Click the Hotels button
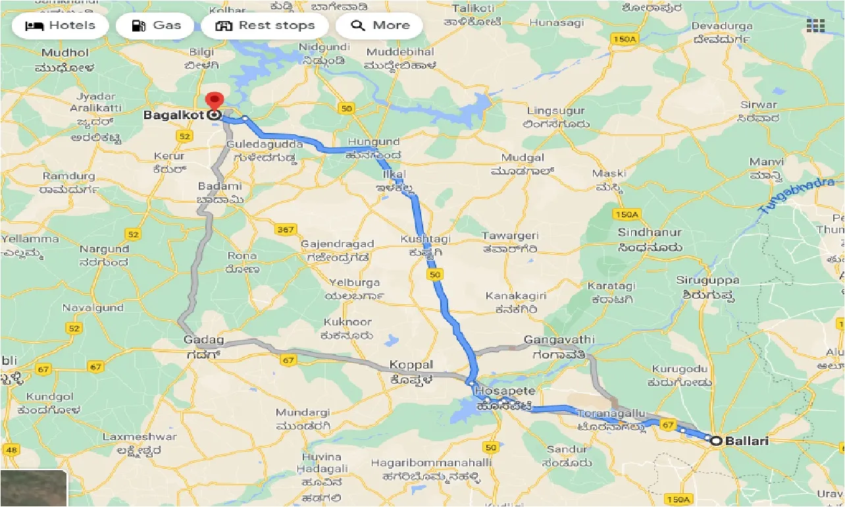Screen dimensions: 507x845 [x=60, y=26]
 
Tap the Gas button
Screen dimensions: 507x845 [x=155, y=26]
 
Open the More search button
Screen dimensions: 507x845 [x=380, y=26]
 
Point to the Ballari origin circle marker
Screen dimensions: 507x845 [x=715, y=440]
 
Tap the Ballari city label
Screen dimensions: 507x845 [x=746, y=441]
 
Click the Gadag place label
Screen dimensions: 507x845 [x=204, y=340]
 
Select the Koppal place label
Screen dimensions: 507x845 [x=411, y=364]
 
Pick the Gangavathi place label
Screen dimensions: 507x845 [x=559, y=340]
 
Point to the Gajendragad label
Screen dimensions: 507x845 [x=337, y=244]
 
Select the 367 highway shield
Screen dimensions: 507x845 [x=286, y=229]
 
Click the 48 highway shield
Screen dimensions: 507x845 [x=11, y=450]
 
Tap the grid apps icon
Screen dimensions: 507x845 [x=815, y=26]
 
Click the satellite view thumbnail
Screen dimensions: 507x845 [x=34, y=488]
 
